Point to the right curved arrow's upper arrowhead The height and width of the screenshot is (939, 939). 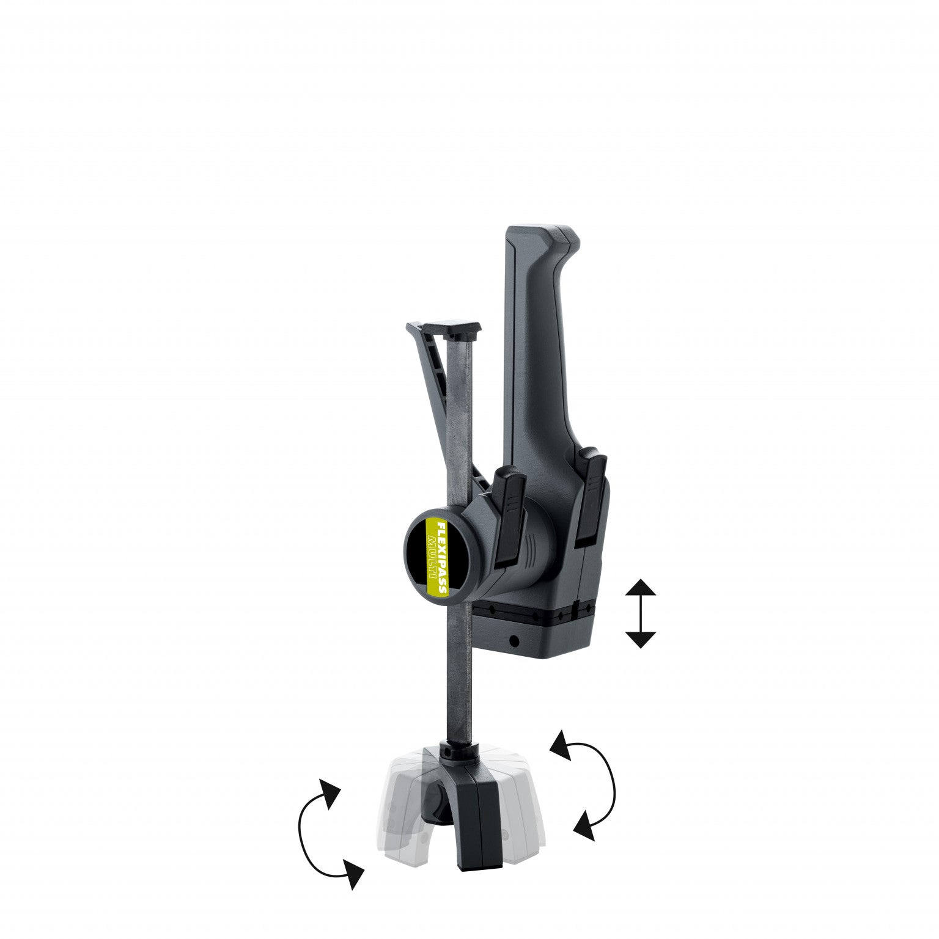561,745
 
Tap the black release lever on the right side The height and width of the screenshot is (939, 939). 592,496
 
